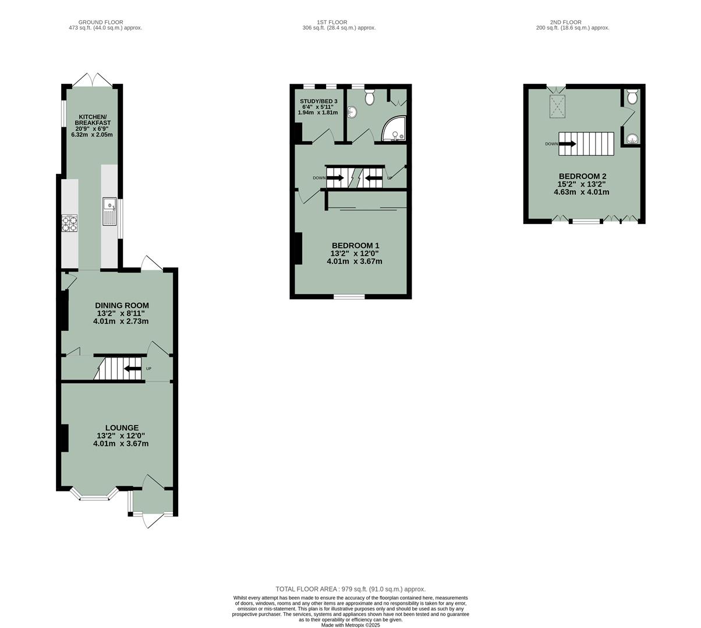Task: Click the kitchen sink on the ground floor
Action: (x=109, y=212)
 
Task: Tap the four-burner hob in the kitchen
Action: (x=69, y=224)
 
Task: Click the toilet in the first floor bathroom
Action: (x=369, y=97)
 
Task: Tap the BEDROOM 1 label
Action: (x=355, y=253)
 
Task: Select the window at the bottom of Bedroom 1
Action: (x=349, y=297)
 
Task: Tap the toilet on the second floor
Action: (x=632, y=96)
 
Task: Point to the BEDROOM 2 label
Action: (x=583, y=184)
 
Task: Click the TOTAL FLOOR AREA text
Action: (x=350, y=588)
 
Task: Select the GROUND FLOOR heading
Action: (x=105, y=22)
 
